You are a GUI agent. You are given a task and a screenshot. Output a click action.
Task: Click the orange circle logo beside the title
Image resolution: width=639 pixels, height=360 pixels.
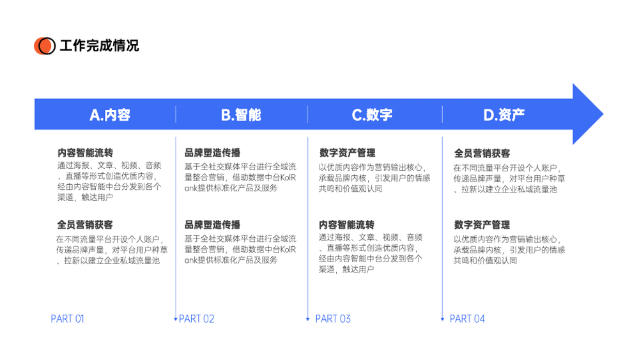pyautogui.click(x=45, y=45)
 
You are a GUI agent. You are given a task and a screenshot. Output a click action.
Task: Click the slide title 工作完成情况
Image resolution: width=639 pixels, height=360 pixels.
pyautogui.click(x=100, y=45)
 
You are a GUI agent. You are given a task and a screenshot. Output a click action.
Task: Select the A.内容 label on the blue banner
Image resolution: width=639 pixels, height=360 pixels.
pyautogui.click(x=110, y=115)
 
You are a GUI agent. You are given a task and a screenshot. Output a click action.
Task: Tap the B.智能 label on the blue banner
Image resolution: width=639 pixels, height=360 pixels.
pyautogui.click(x=241, y=115)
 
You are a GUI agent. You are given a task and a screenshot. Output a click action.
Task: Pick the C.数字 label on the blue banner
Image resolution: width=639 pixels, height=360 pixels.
pyautogui.click(x=372, y=115)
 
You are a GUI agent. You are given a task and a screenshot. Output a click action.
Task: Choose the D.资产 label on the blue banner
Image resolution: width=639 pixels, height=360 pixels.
pyautogui.click(x=504, y=115)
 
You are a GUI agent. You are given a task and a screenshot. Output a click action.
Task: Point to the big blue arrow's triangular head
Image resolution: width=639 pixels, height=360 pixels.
pyautogui.click(x=587, y=114)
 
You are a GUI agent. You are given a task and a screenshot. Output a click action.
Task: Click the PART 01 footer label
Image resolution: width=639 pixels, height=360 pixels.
pyautogui.click(x=67, y=319)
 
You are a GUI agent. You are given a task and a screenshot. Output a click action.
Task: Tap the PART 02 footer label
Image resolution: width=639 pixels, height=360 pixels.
pyautogui.click(x=196, y=319)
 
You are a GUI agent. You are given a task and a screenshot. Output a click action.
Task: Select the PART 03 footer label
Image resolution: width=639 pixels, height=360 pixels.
pyautogui.click(x=333, y=319)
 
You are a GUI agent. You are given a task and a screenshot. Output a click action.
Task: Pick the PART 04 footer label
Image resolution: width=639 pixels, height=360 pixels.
pyautogui.click(x=467, y=319)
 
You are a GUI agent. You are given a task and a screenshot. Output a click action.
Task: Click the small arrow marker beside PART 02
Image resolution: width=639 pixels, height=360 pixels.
pyautogui.click(x=176, y=319)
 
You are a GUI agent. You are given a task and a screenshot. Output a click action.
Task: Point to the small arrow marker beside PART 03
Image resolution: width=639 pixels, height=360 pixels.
pyautogui.click(x=308, y=319)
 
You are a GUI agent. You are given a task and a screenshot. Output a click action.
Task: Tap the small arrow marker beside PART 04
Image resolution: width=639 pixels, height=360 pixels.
pyautogui.click(x=442, y=319)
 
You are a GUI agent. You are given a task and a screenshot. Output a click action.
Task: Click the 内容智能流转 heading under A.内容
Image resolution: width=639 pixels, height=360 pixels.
pyautogui.click(x=85, y=153)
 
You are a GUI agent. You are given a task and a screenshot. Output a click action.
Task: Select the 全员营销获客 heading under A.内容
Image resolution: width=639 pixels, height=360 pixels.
pyautogui.click(x=85, y=224)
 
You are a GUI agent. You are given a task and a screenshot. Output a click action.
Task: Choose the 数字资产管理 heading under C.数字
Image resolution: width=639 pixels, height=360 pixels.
pyautogui.click(x=347, y=153)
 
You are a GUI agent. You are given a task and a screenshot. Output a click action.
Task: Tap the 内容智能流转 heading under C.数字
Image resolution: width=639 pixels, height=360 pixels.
pyautogui.click(x=346, y=224)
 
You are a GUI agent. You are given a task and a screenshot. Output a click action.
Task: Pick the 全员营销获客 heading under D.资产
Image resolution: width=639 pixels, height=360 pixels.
pyautogui.click(x=482, y=153)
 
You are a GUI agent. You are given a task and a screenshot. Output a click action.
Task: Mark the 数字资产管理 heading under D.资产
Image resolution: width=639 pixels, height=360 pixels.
pyautogui.click(x=482, y=224)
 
